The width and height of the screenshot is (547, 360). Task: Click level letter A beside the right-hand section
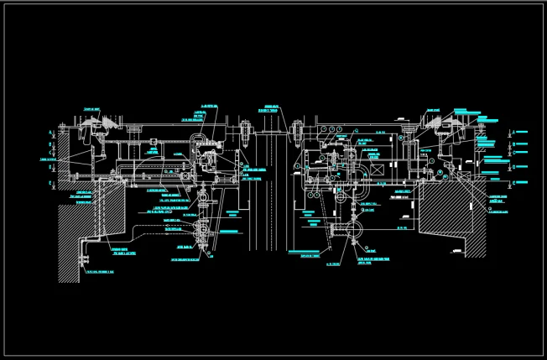(513, 132)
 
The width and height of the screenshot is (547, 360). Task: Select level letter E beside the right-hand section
(513, 183)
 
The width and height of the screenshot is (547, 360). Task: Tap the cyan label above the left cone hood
(92, 110)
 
